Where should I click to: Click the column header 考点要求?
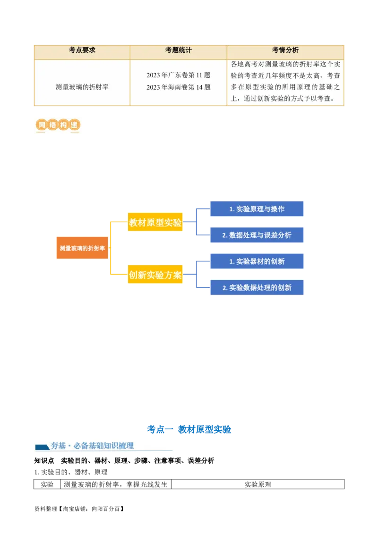82,50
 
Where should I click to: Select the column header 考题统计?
178,50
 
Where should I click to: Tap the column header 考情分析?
285,50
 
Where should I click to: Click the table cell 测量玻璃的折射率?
82,87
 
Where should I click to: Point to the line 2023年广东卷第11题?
178,75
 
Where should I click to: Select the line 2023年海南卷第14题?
178,87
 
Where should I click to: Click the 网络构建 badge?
57,126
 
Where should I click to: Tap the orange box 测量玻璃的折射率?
82,248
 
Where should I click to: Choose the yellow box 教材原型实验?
155,223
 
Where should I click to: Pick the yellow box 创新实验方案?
155,275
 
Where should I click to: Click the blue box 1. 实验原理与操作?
257,209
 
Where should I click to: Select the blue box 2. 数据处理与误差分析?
257,235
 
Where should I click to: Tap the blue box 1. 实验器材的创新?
257,261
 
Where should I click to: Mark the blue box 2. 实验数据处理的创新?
257,287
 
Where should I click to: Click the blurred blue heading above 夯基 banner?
189,429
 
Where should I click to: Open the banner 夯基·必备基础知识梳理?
104,445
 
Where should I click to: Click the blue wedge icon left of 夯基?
42,446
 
